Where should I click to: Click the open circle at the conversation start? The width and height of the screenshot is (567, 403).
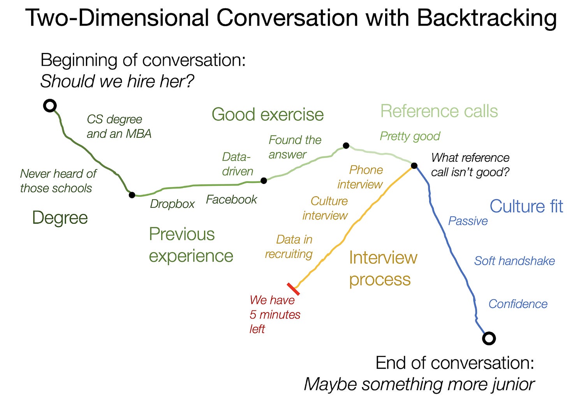coord(50,105)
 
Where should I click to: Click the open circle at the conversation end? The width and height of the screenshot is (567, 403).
coord(489,338)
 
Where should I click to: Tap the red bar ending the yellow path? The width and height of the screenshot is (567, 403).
coord(293,289)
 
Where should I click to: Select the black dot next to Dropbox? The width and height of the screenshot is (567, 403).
coord(132,195)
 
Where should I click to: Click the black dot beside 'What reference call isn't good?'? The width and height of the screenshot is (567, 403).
coord(414,166)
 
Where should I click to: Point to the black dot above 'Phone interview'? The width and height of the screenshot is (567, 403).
coord(346,145)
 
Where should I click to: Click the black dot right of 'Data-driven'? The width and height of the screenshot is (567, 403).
coord(264,180)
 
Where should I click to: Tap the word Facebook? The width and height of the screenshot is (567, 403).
coord(231,200)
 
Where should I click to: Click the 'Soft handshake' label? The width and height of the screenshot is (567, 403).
coord(514,261)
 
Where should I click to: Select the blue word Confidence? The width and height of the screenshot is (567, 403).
coord(518,304)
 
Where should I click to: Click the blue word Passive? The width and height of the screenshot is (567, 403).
coord(468,221)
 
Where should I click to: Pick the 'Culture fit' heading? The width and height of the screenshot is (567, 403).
coord(526,206)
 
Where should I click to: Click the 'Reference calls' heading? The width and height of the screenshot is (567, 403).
coord(439,111)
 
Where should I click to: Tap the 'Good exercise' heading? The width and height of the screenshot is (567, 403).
coord(268,114)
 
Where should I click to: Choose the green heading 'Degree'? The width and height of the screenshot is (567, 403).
coord(60,217)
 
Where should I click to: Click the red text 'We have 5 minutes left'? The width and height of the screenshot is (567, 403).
coord(275,314)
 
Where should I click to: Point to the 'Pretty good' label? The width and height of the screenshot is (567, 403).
coord(410,136)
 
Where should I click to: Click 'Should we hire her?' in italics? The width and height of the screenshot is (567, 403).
coord(117,81)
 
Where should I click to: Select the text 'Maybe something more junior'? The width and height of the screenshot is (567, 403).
coord(419,384)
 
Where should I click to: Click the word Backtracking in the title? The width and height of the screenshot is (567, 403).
coord(486,18)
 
